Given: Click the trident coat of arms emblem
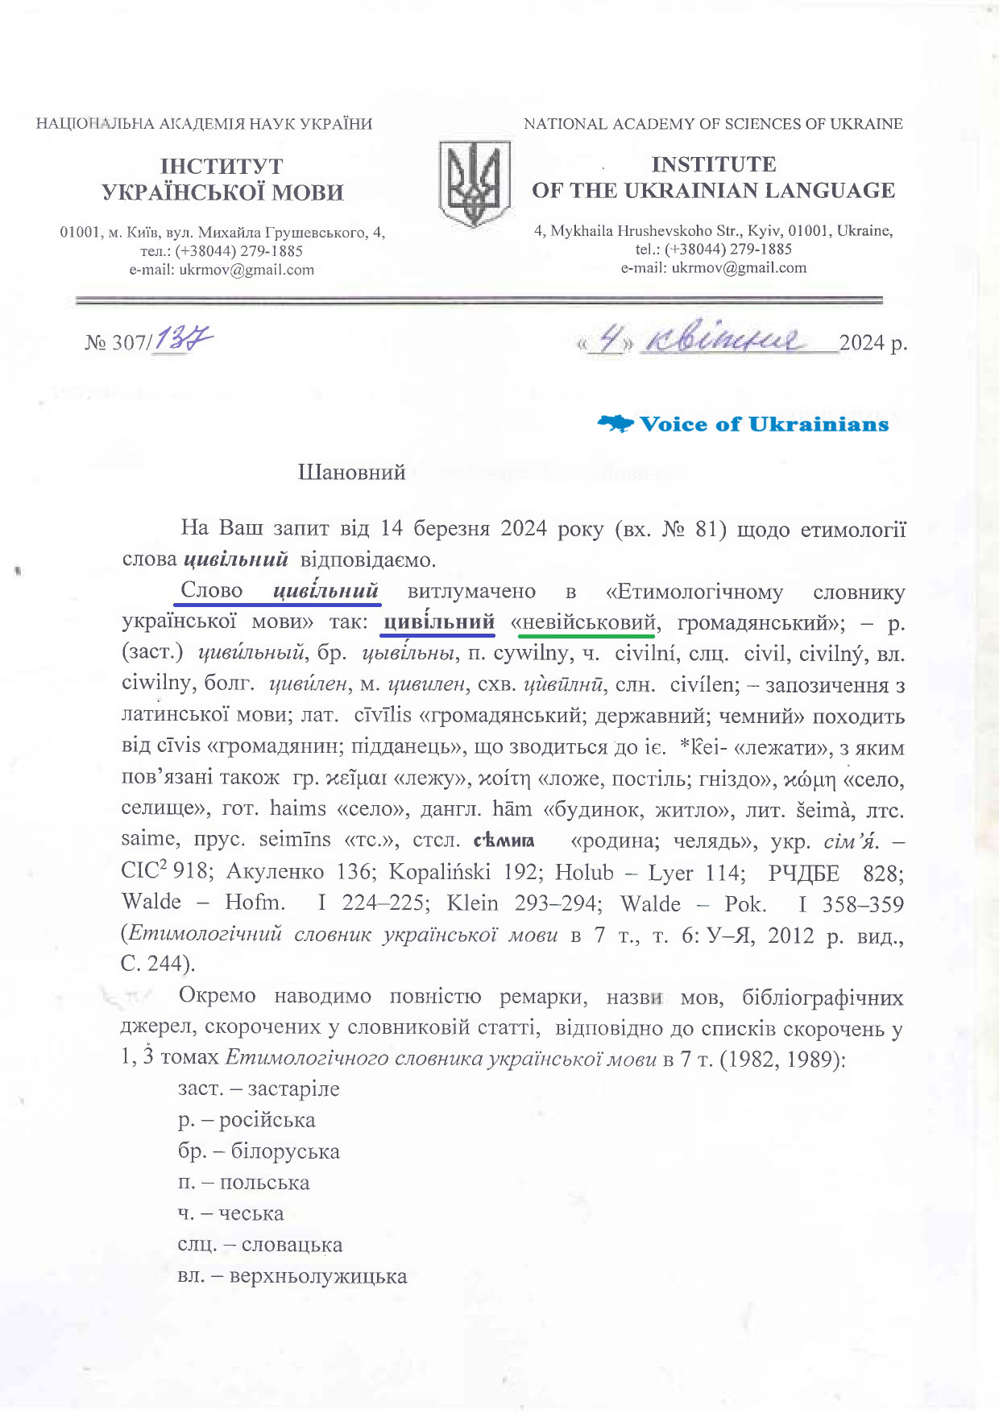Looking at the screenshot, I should [x=475, y=184].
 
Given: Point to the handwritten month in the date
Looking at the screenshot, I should [x=724, y=341].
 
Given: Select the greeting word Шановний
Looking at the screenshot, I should [x=351, y=473].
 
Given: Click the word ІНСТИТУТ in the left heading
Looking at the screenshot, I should [x=222, y=167].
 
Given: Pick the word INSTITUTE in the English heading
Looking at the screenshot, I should [x=713, y=164].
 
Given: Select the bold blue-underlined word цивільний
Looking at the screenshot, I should [x=439, y=622].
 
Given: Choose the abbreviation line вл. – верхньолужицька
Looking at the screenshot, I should [x=292, y=1276].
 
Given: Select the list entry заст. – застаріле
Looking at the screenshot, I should [x=259, y=1089].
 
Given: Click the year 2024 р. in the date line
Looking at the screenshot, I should [x=873, y=343].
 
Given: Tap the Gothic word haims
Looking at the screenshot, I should [x=298, y=809].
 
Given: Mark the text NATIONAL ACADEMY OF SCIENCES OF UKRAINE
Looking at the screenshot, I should [x=713, y=124].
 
